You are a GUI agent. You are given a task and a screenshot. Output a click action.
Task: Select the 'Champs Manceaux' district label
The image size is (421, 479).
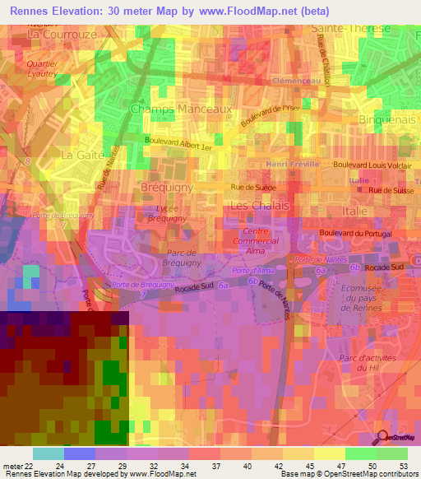(x=181, y=109)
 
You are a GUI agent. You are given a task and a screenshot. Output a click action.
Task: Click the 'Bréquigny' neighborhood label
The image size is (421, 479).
(x=167, y=186)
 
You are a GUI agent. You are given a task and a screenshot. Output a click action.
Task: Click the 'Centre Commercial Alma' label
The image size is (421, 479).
(x=265, y=244)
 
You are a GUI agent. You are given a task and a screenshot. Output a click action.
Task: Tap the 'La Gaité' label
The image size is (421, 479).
(x=83, y=155)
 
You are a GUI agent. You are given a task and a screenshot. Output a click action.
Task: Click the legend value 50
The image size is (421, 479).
(x=361, y=466)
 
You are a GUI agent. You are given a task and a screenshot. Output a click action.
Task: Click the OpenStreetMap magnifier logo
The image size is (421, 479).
(x=383, y=438)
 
